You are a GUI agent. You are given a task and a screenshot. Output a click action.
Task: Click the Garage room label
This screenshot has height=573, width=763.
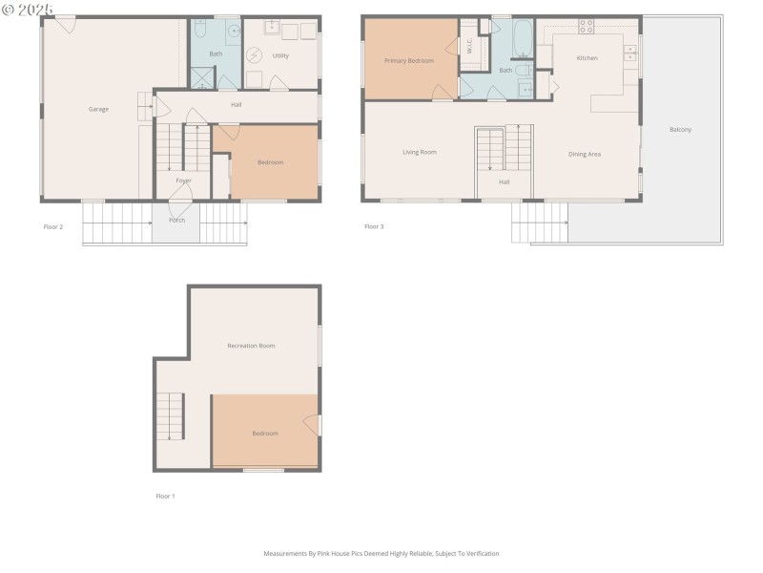98,109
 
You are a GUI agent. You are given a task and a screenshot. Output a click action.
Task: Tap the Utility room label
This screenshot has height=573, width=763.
280,55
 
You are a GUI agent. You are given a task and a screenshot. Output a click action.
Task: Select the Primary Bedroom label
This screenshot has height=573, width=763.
409,60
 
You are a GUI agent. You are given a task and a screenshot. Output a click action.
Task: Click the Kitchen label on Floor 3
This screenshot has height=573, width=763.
588,58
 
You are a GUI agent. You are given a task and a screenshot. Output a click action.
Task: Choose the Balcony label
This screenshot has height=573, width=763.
680,130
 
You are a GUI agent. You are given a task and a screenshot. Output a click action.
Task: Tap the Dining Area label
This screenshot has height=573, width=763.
585,154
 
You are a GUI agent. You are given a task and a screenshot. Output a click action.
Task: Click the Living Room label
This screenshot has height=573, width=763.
419,152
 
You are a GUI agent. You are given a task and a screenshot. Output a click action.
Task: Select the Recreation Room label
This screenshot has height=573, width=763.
251,346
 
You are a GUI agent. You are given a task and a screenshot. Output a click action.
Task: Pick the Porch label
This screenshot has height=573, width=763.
177,220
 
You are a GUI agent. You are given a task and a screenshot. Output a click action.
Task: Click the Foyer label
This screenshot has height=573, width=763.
183,180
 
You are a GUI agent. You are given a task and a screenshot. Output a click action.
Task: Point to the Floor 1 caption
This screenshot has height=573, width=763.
165,497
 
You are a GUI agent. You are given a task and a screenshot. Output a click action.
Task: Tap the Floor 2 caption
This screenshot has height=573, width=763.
53,227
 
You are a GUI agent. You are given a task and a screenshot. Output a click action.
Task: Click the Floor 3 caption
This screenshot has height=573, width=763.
374,227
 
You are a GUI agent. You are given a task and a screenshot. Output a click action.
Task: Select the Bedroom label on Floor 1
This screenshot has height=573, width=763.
265,434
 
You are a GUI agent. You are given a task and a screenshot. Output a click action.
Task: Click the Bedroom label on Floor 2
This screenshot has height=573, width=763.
270,162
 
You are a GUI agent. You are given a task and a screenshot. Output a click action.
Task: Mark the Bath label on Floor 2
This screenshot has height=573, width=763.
216,54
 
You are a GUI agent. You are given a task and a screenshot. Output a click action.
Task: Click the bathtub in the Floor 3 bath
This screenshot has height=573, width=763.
525,38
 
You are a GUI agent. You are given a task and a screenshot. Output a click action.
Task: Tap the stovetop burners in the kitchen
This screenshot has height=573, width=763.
587,26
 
